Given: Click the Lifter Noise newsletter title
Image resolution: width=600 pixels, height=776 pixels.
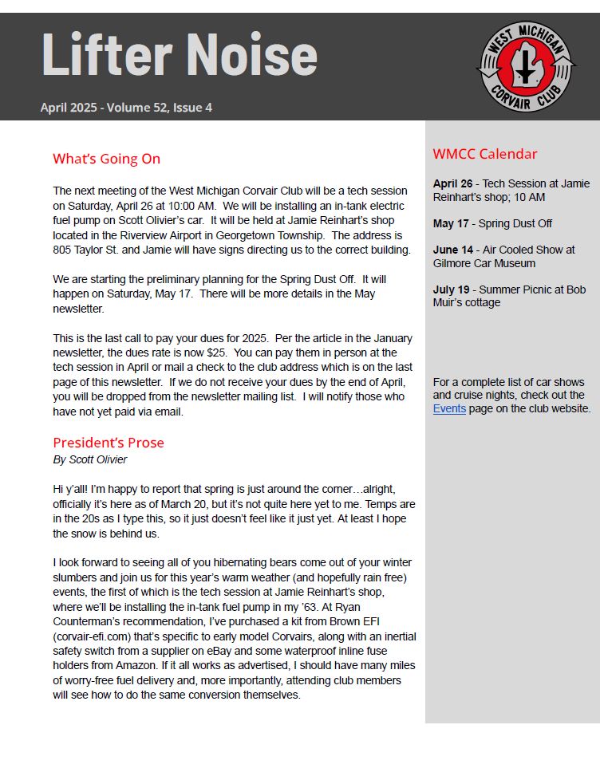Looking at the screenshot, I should pos(179,54).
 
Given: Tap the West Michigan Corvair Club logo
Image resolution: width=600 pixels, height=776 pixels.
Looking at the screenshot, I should pos(525,67).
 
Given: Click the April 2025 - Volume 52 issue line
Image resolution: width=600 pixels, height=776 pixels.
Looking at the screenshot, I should pos(126,108).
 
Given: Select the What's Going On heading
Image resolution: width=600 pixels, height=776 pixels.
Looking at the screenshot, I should pos(106,159).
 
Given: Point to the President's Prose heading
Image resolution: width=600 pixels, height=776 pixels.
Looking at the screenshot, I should pos(109,443).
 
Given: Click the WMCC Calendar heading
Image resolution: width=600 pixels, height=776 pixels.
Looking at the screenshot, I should pos(485,154).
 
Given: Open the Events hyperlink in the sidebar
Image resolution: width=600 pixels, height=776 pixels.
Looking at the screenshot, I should pos(449,408).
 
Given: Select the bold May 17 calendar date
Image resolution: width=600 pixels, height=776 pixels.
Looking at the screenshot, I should pos(451,223).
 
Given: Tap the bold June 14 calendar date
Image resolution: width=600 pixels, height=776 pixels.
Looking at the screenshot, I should pos(453,250).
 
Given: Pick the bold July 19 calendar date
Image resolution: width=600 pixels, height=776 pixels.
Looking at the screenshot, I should pos(452,290).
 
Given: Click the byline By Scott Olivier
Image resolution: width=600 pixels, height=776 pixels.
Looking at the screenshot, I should pos(89,459).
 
